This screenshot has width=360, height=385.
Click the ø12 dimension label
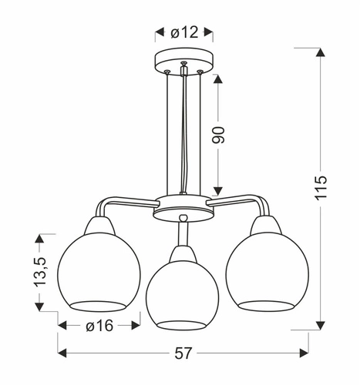[x=183, y=32]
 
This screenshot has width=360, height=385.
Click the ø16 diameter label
[x=99, y=326]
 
